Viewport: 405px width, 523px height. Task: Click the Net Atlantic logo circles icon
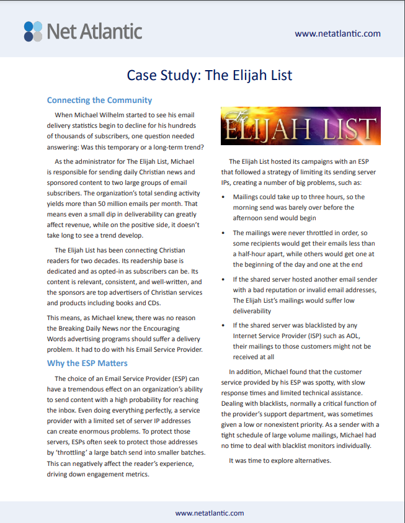[33, 30]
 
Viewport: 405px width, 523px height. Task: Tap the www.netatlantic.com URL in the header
[337, 34]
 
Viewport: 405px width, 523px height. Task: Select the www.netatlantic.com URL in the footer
[210, 513]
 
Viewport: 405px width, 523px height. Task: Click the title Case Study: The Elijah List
[210, 76]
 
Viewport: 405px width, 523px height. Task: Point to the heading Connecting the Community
[99, 100]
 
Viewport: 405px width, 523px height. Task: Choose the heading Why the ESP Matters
[87, 363]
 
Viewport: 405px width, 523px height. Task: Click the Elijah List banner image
[301, 126]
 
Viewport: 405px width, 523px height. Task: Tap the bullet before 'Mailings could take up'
[225, 197]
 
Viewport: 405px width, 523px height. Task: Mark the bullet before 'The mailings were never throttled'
[225, 233]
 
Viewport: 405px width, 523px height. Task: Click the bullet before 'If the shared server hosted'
[225, 280]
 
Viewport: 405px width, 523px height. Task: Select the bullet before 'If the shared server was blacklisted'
[225, 325]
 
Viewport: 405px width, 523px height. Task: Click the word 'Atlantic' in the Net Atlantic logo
[111, 30]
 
